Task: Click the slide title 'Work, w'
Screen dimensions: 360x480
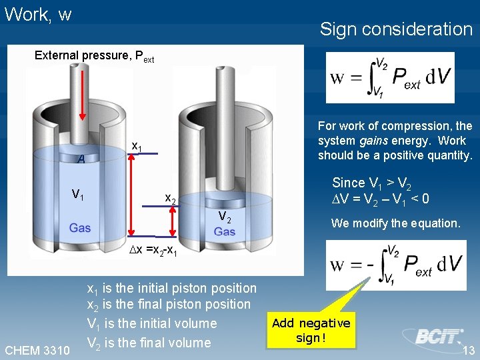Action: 38,15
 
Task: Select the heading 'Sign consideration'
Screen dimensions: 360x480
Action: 396,29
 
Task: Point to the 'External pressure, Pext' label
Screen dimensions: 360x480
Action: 94,56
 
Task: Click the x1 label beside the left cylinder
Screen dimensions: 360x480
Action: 136,146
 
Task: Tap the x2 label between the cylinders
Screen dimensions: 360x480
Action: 171,199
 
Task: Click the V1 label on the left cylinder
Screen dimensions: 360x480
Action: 79,195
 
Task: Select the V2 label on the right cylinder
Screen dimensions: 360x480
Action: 225,217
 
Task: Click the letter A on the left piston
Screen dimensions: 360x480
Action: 81,159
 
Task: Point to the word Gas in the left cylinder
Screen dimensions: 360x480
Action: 80,228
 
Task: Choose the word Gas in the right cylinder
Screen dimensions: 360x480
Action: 225,231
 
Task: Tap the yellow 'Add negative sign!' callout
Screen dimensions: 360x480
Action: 311,330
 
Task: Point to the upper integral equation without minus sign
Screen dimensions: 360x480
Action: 390,78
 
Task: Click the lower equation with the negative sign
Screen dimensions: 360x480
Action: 396,265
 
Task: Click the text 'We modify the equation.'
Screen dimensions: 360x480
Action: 395,223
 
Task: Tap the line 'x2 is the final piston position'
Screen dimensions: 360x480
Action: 169,305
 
